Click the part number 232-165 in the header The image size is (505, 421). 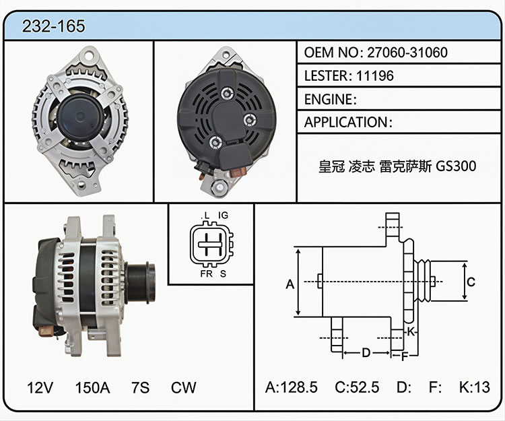53,26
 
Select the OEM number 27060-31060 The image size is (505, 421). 407,52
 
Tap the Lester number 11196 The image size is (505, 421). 375,75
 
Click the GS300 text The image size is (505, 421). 456,166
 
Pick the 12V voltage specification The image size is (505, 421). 40,387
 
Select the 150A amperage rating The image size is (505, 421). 92,387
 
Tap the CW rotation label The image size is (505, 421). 184,387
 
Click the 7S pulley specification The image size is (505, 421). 141,387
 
